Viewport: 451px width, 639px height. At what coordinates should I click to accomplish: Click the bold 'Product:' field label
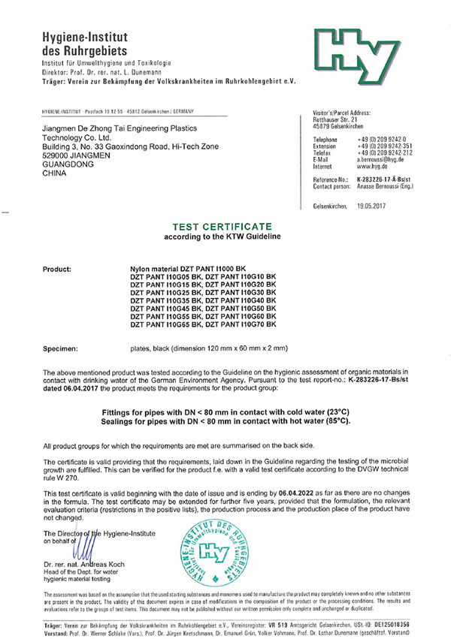[58, 267]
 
